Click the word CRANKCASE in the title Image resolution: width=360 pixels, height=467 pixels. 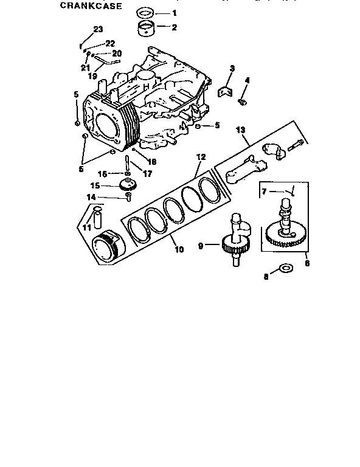[91, 6]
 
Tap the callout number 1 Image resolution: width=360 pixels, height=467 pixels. [174, 13]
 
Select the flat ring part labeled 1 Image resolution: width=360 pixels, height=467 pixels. [145, 13]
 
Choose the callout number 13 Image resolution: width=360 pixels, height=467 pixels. [240, 130]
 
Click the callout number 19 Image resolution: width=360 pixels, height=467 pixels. [92, 76]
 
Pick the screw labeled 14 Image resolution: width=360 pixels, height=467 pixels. [128, 195]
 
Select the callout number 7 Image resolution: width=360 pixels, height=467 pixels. [264, 192]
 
